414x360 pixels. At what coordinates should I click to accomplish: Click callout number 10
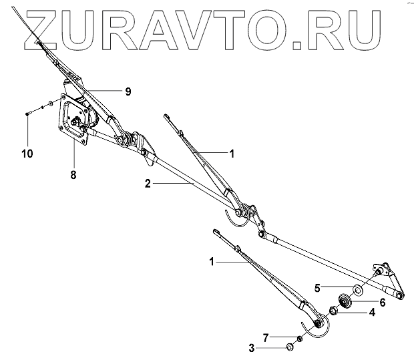pos(27,154)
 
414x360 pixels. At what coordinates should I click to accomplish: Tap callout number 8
pos(73,174)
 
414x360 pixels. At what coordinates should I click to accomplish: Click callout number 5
pos(319,287)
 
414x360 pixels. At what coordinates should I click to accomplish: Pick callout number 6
pos(383,302)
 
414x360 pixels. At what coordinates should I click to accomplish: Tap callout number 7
pos(264,336)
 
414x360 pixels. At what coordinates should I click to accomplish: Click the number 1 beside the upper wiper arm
pos(232,154)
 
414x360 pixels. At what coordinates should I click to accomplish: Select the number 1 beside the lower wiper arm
pos(212,262)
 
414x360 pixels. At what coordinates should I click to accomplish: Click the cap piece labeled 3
pos(290,346)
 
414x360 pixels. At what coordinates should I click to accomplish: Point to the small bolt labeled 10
pos(27,114)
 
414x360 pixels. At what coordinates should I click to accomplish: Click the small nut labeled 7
pos(300,339)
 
